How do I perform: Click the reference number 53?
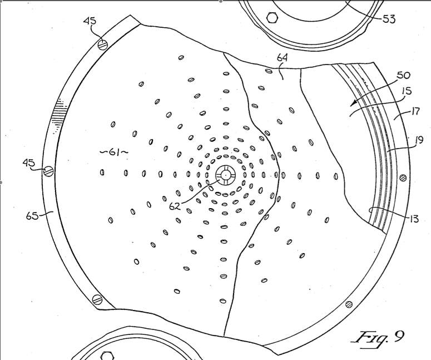coord(389,19)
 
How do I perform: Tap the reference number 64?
coord(282,58)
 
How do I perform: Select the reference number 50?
coord(403,75)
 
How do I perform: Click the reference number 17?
coord(415,111)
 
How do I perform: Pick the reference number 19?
coord(419,141)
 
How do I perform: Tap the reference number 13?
coord(414,219)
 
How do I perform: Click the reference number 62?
coord(175,206)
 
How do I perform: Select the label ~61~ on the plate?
coord(114,152)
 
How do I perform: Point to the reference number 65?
coord(32,216)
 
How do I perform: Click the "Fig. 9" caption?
coord(378,338)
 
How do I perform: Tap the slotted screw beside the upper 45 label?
coord(102,45)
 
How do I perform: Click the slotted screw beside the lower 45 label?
coord(48,171)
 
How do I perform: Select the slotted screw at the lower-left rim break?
coord(97,299)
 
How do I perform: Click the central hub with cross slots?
coord(225,175)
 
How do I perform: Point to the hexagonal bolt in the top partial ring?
coord(273,18)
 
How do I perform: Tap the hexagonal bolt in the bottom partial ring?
coord(107,356)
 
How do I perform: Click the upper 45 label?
coord(90,21)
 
